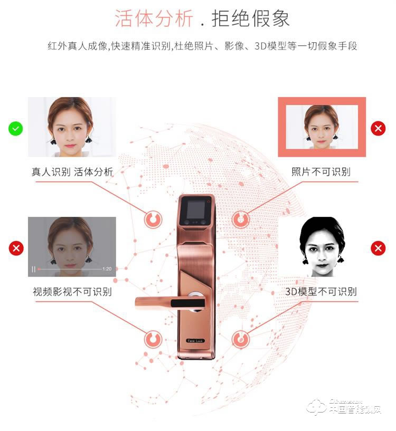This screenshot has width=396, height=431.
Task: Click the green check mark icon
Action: click(16, 128)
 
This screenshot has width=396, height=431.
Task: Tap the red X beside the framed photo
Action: click(378, 128)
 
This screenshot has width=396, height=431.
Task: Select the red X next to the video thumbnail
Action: click(16, 248)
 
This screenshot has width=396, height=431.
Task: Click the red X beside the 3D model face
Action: click(378, 248)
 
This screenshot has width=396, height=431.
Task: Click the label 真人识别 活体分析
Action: click(72, 172)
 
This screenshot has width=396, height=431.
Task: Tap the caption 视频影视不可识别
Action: click(72, 291)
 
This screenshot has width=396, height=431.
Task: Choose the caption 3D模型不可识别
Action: click(321, 291)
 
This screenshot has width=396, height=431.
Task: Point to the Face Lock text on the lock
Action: click(195, 341)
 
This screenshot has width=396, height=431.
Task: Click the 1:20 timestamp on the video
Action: click(107, 269)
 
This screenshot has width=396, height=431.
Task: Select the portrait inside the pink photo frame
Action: click(322, 127)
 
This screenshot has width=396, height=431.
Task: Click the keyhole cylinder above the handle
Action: click(195, 299)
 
